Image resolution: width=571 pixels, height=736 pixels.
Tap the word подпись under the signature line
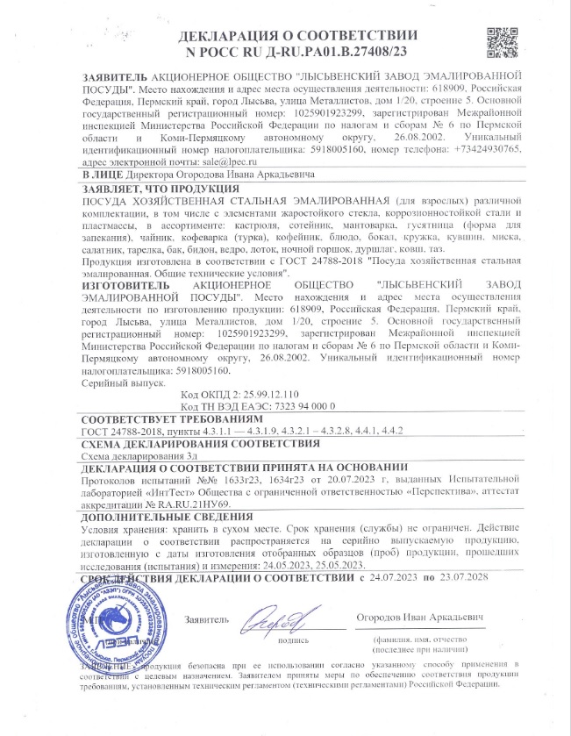click(x=293, y=641)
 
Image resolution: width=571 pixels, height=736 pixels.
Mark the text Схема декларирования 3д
click(x=138, y=457)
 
